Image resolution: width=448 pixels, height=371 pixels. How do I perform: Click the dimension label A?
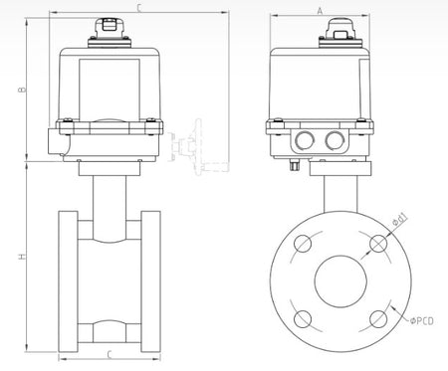pos(320,11)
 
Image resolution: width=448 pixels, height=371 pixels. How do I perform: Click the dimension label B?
pos(22,90)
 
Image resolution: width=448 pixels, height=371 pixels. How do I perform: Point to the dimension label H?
pos(22,257)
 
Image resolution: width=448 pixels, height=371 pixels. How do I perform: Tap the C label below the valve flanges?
pos(110,355)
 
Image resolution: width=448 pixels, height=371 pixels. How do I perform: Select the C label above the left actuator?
pos(139,8)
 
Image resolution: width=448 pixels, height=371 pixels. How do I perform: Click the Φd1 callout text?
pos(399,220)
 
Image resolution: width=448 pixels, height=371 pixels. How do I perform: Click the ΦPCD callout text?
pos(421,321)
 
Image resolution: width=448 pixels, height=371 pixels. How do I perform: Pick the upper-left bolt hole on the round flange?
pos(303,244)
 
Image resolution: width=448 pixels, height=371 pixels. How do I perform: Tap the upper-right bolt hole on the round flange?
pos(378,244)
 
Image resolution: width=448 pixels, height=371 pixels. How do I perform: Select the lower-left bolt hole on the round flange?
pos(303,319)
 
